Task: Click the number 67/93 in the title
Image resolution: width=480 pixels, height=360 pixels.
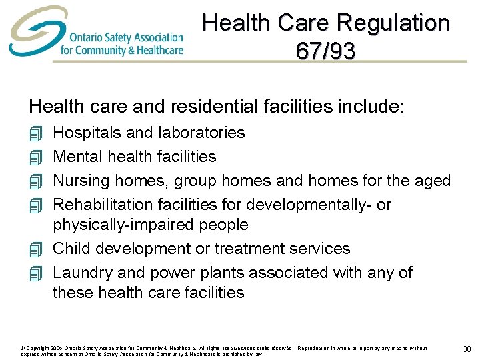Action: click(326, 51)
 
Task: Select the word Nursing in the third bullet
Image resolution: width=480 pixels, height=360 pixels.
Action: click(81, 181)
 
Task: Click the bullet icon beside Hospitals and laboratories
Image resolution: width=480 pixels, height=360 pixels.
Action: click(35, 133)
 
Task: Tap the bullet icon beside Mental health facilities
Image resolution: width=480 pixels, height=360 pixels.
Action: click(35, 157)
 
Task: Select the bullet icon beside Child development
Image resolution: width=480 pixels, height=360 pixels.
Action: click(35, 249)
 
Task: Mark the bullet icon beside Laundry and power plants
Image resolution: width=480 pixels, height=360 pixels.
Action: click(35, 273)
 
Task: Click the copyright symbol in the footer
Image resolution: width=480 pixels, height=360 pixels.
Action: click(23, 348)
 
